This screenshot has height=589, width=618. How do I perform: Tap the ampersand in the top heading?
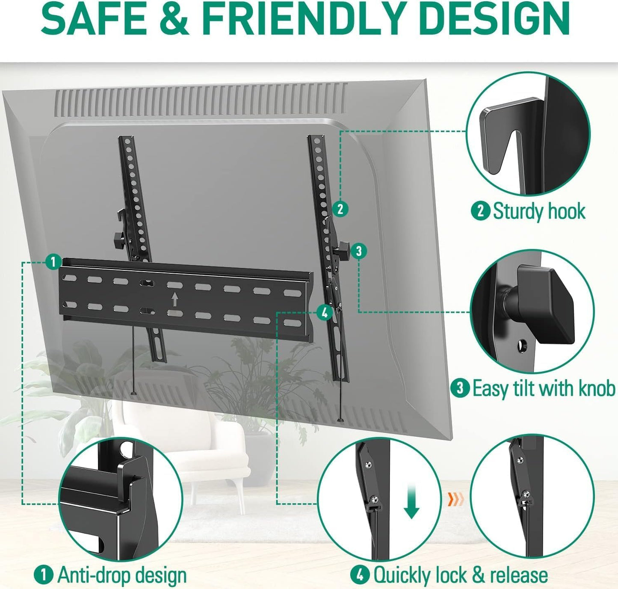(174, 20)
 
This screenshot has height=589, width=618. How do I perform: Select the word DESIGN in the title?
(487, 20)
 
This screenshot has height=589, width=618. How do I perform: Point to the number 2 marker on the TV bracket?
(340, 209)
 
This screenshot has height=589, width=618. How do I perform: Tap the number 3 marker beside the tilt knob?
(359, 251)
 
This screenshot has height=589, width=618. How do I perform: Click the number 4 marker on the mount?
(324, 312)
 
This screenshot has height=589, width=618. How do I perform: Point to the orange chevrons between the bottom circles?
(455, 499)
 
